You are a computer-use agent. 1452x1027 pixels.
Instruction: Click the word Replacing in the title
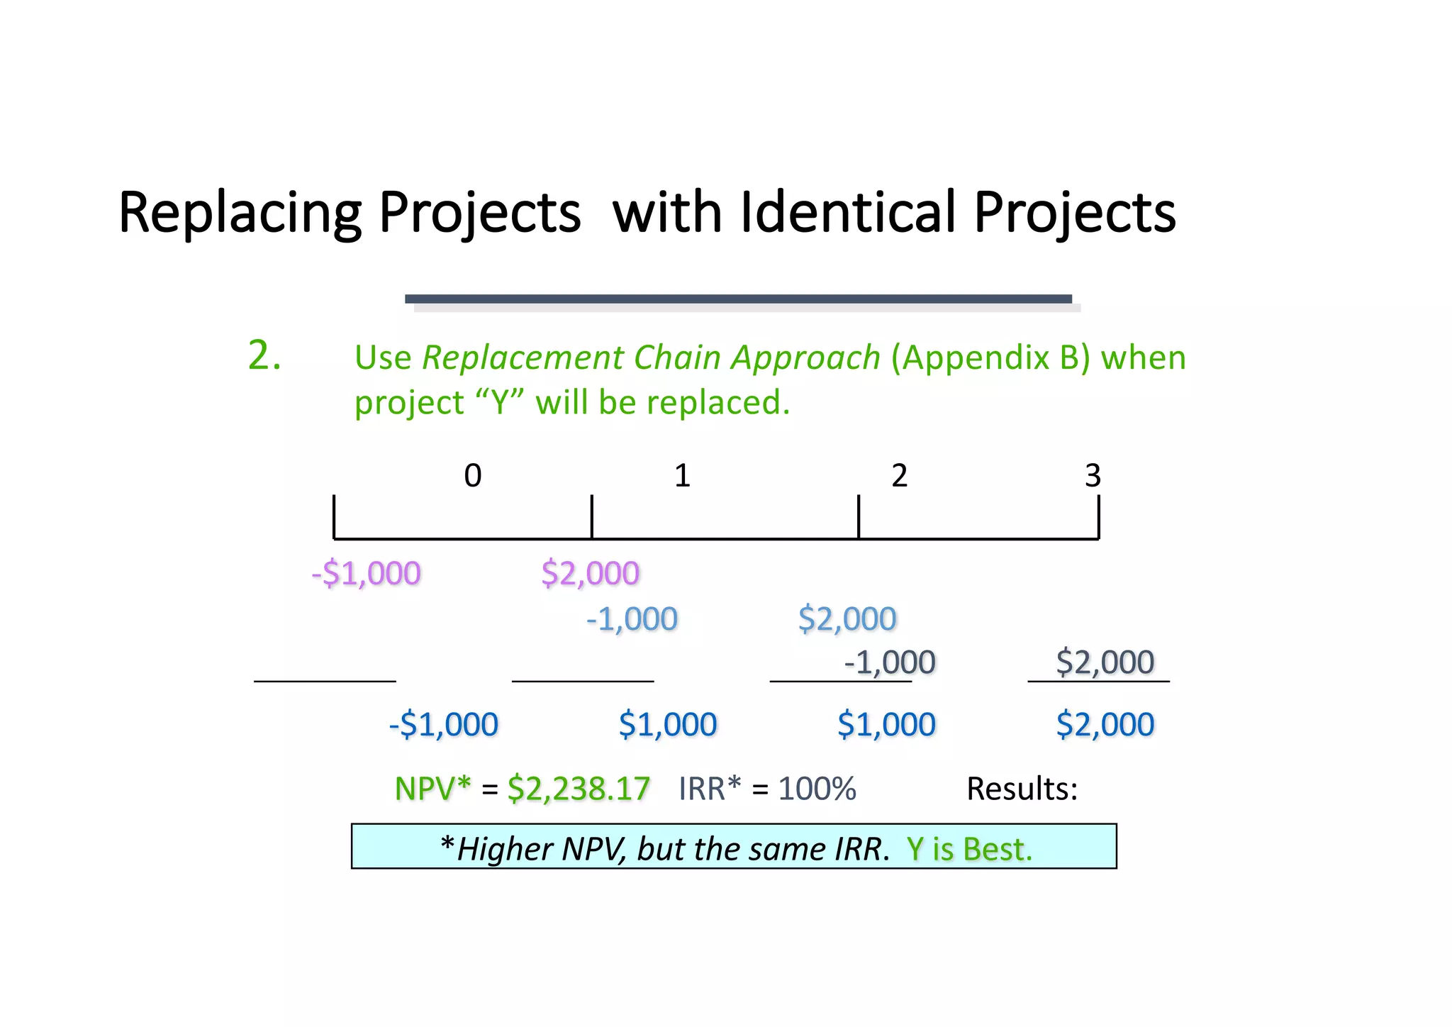click(240, 213)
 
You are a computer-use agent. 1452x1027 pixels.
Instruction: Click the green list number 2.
click(264, 355)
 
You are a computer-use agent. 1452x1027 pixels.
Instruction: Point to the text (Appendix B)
click(990, 357)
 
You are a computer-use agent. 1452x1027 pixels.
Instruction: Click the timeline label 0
click(472, 476)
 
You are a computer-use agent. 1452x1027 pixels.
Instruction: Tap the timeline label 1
click(682, 476)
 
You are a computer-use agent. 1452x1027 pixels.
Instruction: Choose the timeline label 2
click(899, 476)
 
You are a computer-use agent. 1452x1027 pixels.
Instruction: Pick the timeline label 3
click(1092, 476)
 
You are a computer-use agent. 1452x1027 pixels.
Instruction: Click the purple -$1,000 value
click(367, 573)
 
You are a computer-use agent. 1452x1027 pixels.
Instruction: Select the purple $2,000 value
click(590, 573)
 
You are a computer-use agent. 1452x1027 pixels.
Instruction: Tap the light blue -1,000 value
click(632, 619)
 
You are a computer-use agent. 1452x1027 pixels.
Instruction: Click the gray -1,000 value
click(890, 662)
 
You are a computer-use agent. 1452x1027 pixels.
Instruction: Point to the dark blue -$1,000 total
click(444, 725)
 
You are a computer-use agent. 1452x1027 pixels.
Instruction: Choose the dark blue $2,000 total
click(1105, 725)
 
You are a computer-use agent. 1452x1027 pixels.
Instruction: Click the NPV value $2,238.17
click(579, 789)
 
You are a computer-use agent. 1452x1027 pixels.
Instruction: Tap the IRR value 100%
click(817, 789)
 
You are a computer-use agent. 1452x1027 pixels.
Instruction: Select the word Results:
click(1022, 789)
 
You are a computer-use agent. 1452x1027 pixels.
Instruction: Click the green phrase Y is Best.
click(969, 849)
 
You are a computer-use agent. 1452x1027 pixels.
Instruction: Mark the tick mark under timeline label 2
click(859, 517)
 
